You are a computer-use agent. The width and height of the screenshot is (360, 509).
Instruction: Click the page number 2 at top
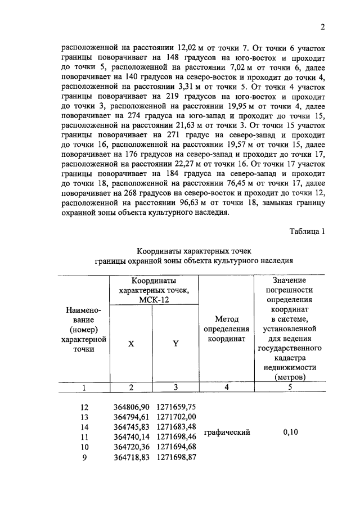click(x=322, y=26)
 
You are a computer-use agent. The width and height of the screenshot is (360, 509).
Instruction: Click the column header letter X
click(x=131, y=344)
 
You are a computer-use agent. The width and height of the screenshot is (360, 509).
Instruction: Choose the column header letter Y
click(x=175, y=344)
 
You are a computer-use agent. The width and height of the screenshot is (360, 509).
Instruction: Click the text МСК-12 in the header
click(x=154, y=300)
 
